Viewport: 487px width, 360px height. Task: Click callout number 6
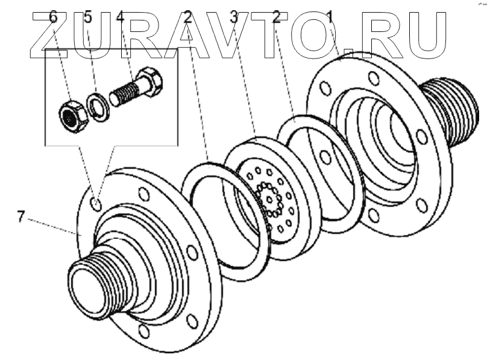pos(53,17)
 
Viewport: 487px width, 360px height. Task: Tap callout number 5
pos(88,17)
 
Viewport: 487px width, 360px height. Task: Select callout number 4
pos(120,17)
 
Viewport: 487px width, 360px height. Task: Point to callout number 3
pos(234,17)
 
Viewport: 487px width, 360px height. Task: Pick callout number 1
pos(330,17)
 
